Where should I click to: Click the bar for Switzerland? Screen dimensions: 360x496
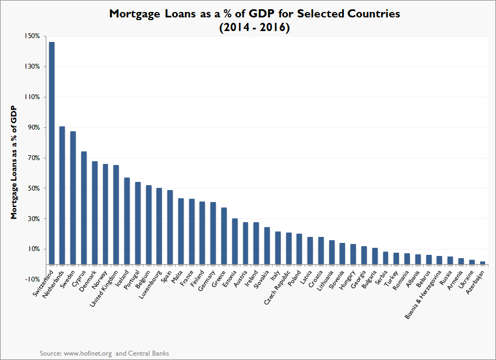point(52,153)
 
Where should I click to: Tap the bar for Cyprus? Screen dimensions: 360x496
point(84,208)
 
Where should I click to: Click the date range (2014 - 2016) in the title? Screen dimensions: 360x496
point(254,27)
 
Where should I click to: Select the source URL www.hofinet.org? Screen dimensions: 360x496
point(87,353)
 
